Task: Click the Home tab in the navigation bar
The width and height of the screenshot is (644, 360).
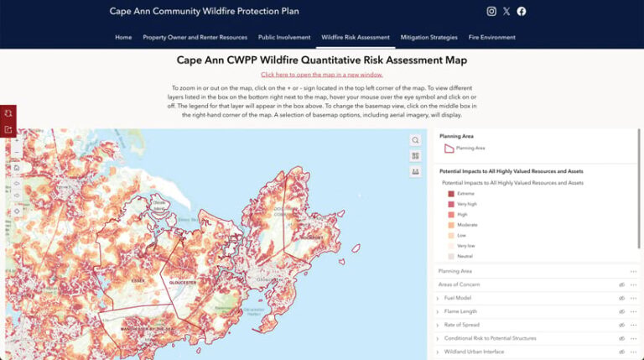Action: click(x=123, y=38)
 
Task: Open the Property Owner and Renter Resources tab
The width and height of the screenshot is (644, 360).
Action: click(x=195, y=38)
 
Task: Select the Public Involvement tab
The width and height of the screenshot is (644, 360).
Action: click(x=284, y=38)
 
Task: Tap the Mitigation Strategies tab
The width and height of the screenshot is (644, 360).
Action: click(x=428, y=38)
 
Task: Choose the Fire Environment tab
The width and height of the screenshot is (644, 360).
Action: click(x=492, y=38)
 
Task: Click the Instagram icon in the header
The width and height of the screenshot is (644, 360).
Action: click(x=491, y=12)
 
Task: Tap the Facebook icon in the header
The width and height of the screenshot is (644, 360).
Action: click(x=522, y=12)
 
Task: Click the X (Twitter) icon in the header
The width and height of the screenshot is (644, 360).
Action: click(x=506, y=12)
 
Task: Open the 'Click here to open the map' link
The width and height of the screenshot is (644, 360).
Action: click(x=321, y=75)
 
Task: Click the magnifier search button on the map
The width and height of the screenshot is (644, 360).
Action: click(x=415, y=140)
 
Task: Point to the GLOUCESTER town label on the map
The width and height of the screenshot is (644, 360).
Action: click(x=184, y=283)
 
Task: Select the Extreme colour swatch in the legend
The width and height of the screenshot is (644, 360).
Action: click(x=451, y=194)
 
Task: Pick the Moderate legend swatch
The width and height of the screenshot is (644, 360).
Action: click(x=451, y=225)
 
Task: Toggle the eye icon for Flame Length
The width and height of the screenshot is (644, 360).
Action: click(x=621, y=311)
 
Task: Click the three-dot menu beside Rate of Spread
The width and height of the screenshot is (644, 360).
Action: click(x=633, y=325)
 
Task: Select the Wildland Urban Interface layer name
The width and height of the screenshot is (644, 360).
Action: click(x=478, y=352)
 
